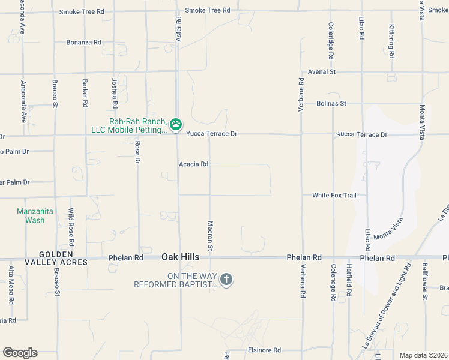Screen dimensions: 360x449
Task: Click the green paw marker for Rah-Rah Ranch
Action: click(x=176, y=124)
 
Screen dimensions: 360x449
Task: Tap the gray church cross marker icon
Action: click(x=226, y=279)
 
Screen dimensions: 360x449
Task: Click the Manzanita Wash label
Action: click(x=31, y=215)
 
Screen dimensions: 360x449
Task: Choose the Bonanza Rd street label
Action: click(x=84, y=43)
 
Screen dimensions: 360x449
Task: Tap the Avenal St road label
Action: click(x=321, y=72)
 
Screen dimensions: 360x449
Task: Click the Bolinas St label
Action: click(x=331, y=103)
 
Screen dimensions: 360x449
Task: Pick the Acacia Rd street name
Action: click(x=193, y=164)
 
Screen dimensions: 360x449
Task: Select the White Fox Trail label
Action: click(x=334, y=196)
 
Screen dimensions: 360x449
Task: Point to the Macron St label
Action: click(x=211, y=235)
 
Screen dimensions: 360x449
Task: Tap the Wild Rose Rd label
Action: click(x=71, y=227)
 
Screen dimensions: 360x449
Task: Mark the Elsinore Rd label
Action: click(x=264, y=350)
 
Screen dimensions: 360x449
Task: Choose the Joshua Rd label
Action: click(x=115, y=93)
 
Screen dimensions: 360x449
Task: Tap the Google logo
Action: click(x=20, y=353)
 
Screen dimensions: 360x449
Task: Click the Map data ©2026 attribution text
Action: click(x=423, y=355)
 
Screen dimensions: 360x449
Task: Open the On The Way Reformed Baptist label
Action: click(x=175, y=280)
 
